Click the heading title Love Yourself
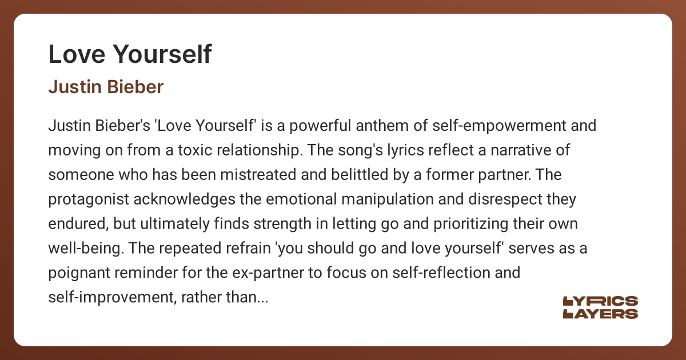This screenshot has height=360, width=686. pyautogui.click(x=130, y=54)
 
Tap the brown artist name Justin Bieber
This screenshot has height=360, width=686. pyautogui.click(x=106, y=87)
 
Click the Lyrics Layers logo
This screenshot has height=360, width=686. pyautogui.click(x=600, y=307)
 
